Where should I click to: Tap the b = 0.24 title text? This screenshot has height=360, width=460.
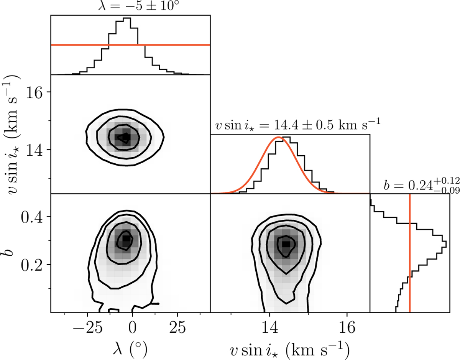(421, 186)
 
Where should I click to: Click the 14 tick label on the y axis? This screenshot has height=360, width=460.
(35, 150)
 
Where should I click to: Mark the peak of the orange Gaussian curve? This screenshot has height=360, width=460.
(279, 137)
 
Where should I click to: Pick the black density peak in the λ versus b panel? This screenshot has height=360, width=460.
(126, 238)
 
